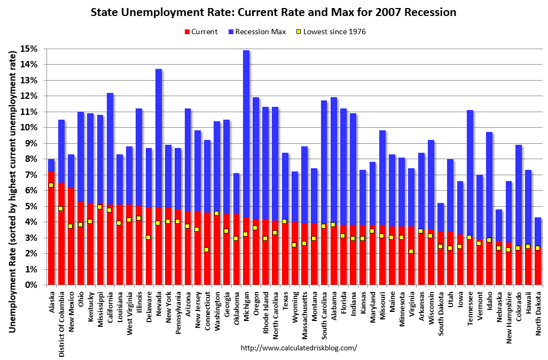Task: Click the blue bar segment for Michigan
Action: point(246,134)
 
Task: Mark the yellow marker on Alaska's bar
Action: point(51,185)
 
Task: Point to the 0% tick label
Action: point(32,285)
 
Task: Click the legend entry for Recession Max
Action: point(257,32)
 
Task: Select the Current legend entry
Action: point(200,32)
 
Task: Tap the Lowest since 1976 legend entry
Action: point(330,32)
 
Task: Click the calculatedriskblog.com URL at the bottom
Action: point(299,348)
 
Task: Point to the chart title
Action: point(273,11)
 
